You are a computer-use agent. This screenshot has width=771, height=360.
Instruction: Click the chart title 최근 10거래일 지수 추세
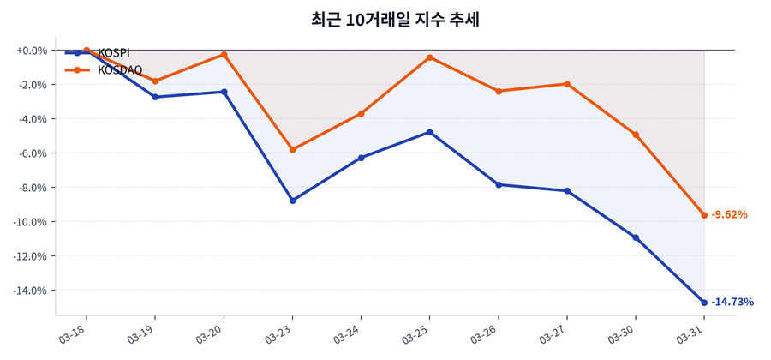(385, 20)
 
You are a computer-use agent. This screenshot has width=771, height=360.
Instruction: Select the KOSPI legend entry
(113, 53)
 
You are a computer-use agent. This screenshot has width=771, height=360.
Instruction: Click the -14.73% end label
(732, 302)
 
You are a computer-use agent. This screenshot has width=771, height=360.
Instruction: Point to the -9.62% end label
(730, 214)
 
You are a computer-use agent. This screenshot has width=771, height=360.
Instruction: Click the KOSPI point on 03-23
(293, 201)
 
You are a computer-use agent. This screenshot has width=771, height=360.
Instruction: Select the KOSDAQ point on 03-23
(293, 149)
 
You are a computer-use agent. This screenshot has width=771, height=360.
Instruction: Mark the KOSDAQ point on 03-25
(430, 57)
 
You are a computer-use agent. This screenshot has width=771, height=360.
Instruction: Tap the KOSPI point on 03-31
(704, 303)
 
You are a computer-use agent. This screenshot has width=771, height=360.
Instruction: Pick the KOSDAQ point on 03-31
(704, 215)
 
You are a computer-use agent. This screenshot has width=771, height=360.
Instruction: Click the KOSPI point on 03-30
(636, 237)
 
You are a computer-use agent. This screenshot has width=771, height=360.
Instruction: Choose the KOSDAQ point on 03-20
(224, 54)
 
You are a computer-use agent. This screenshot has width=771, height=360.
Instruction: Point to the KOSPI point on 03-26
(499, 184)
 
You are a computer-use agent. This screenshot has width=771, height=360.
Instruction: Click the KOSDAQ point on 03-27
(567, 84)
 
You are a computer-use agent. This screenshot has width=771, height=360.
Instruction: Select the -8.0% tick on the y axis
(33, 188)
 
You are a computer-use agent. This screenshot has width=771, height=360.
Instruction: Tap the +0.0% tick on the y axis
(32, 51)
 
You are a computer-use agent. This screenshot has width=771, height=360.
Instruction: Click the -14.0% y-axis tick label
(30, 291)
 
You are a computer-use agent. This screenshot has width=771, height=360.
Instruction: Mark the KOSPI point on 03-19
(155, 97)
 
